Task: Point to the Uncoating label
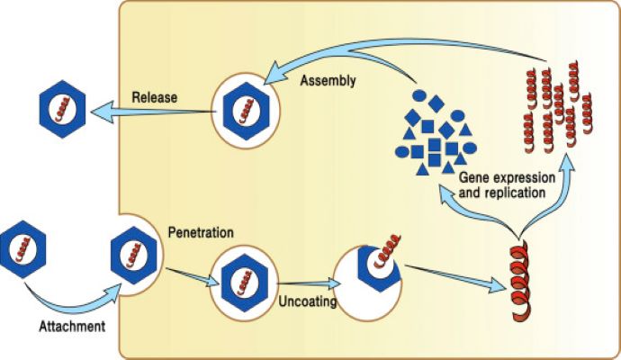[307, 302]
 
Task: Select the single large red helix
[518, 280]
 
